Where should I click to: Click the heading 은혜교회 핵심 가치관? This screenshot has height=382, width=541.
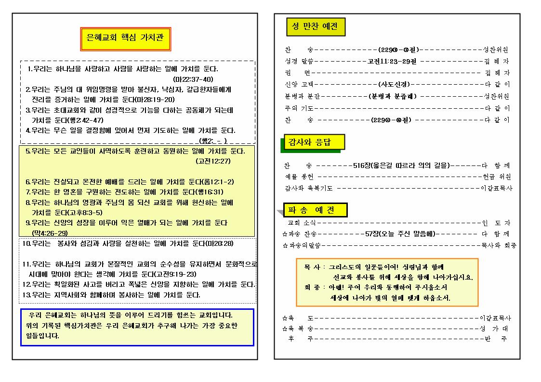tap(126, 37)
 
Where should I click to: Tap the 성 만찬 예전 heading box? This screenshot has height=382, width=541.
tap(316, 26)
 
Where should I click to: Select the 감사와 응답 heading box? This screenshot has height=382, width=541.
tap(313, 142)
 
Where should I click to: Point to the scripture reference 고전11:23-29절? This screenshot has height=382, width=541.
tap(392, 62)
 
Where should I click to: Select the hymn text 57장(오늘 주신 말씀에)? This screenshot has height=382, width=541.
tap(400, 234)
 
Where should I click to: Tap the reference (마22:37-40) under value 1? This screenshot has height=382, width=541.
tap(193, 79)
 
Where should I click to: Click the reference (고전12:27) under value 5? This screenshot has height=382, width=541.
tap(213, 161)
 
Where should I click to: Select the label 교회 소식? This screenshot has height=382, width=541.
tap(302, 223)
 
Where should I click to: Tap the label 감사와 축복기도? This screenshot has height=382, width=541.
tap(308, 189)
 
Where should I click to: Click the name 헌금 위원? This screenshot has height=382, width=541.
tap(496, 177)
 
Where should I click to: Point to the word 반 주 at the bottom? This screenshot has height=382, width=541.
tap(497, 339)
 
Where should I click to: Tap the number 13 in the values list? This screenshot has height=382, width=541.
tap(26, 295)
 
